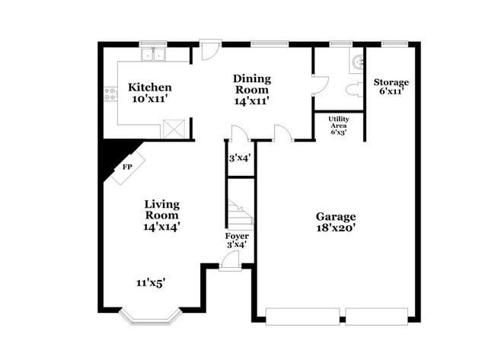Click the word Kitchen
click(149, 87)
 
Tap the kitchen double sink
click(155, 55)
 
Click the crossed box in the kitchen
click(173, 129)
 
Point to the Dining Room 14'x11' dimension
click(251, 100)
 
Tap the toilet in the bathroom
click(353, 90)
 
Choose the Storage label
click(391, 82)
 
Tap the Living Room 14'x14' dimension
click(162, 226)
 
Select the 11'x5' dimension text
click(151, 282)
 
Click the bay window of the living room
click(150, 314)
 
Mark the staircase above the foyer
click(241, 214)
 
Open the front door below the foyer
click(229, 263)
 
